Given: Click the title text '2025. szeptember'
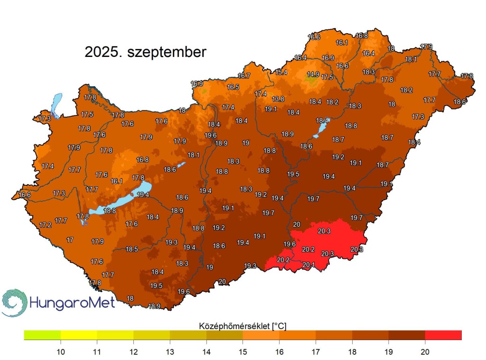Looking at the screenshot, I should pos(145,52).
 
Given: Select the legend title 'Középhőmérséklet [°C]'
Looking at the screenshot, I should pos(242,325).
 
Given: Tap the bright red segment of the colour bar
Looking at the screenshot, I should pos(443,335).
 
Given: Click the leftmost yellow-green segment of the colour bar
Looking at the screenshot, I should pos(42,335).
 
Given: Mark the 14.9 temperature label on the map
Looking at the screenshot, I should pos(313,74).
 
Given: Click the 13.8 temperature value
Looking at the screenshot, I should pos(278,99).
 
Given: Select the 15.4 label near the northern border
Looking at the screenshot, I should pos(281,72).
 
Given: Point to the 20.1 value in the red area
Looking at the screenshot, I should pos(308,265).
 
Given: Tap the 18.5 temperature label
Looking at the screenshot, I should pos(131,249).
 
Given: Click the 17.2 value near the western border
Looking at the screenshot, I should pos(45,225).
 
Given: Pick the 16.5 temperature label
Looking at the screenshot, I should pos(233,87).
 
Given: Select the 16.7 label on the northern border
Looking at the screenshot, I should pos(244,76).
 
